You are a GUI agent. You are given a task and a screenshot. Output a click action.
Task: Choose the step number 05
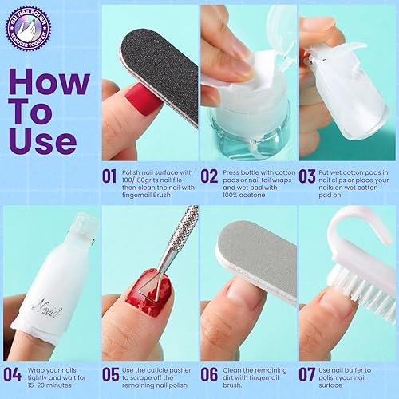(x=112, y=372)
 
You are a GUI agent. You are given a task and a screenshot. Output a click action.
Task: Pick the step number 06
(x=210, y=372)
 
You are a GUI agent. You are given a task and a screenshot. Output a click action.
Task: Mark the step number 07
(x=308, y=372)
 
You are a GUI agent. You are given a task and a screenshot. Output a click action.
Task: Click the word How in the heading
(x=50, y=81)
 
